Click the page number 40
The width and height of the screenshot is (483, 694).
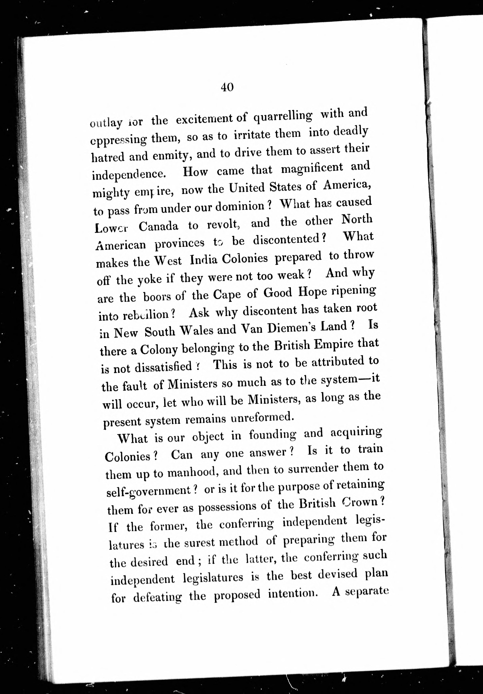[227, 87]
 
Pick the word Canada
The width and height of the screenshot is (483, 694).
[158, 226]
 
